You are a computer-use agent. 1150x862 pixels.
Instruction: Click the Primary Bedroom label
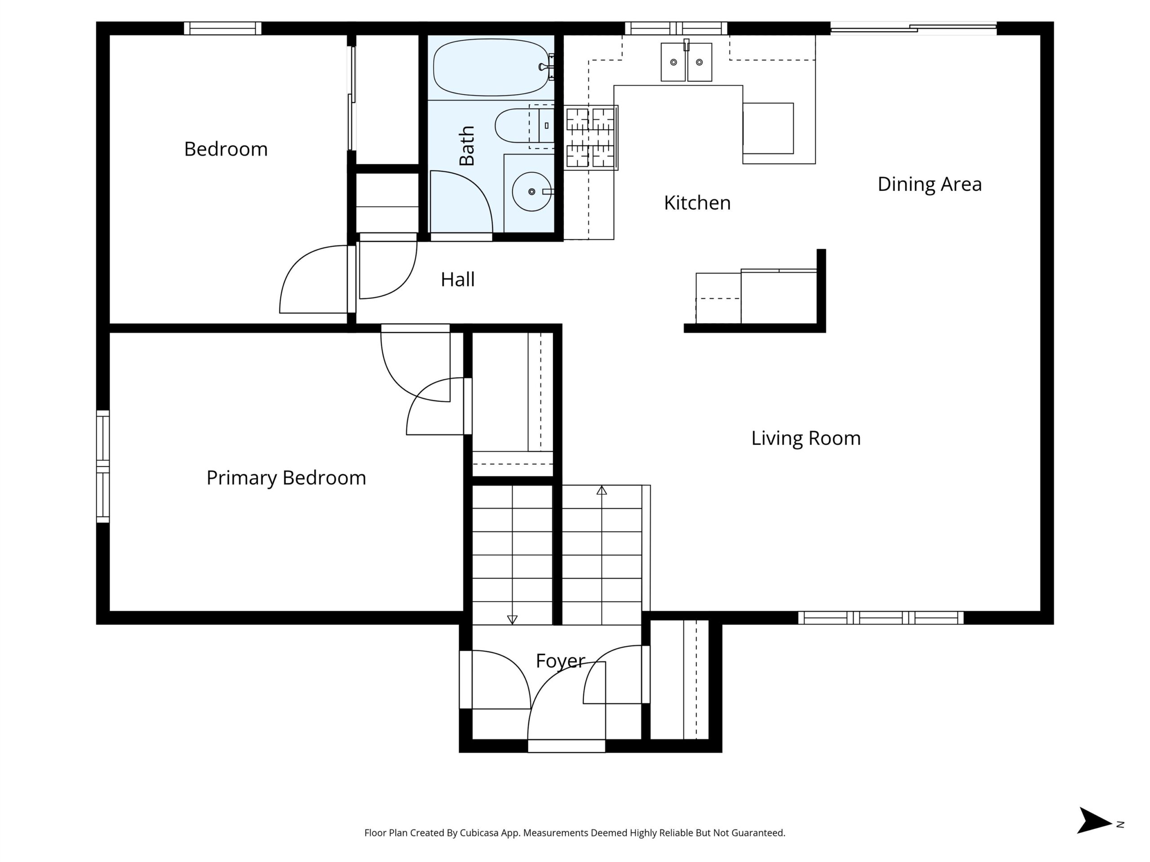(286, 478)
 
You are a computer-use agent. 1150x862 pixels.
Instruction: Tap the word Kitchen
(697, 202)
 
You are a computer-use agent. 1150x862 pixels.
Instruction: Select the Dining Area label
(929, 185)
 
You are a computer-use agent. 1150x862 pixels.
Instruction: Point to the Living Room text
(806, 439)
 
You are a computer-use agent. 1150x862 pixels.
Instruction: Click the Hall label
(457, 280)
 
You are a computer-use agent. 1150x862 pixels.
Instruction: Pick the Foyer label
(561, 661)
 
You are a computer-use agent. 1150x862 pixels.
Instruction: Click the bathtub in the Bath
(492, 67)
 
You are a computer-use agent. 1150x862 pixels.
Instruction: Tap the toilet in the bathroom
(525, 125)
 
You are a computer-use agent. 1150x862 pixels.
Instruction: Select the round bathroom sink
(532, 192)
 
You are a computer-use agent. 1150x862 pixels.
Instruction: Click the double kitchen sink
(686, 62)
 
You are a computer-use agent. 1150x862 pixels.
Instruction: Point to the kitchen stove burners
(591, 138)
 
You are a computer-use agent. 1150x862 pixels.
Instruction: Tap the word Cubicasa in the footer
(479, 833)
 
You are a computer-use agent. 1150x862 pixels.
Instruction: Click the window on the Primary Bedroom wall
(103, 466)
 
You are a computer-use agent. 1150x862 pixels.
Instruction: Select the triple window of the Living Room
(881, 618)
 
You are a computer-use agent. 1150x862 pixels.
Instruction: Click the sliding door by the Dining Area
(913, 28)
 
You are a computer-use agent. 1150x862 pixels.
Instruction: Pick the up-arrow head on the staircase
(602, 490)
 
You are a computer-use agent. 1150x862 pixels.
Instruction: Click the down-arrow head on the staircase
(512, 620)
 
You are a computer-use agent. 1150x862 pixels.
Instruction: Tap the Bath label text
(467, 145)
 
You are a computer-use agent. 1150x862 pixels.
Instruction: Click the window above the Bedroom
(222, 28)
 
